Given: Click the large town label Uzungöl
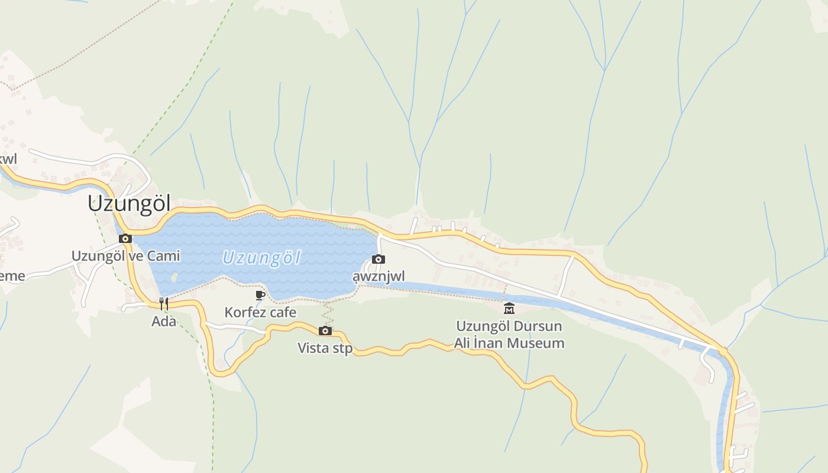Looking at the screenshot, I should (x=129, y=203).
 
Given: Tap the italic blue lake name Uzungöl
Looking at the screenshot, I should (x=261, y=258).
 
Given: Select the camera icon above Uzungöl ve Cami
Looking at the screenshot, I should (x=125, y=238).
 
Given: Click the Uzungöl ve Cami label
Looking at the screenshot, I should (x=125, y=256).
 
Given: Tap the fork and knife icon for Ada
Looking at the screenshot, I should (x=164, y=304).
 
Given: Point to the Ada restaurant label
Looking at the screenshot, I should (x=164, y=322).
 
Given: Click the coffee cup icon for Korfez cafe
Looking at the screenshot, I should (x=260, y=294).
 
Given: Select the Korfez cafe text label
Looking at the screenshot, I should (x=260, y=312).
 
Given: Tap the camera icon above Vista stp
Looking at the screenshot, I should (x=325, y=331).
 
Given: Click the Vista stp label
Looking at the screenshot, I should (x=325, y=348).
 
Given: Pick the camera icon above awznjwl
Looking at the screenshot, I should (x=379, y=259).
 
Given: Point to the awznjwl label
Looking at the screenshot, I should (x=379, y=277).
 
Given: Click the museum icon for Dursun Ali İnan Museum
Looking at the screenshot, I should (x=509, y=308).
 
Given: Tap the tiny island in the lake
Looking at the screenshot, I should (x=173, y=276).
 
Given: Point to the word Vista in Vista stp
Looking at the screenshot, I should (x=313, y=348).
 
